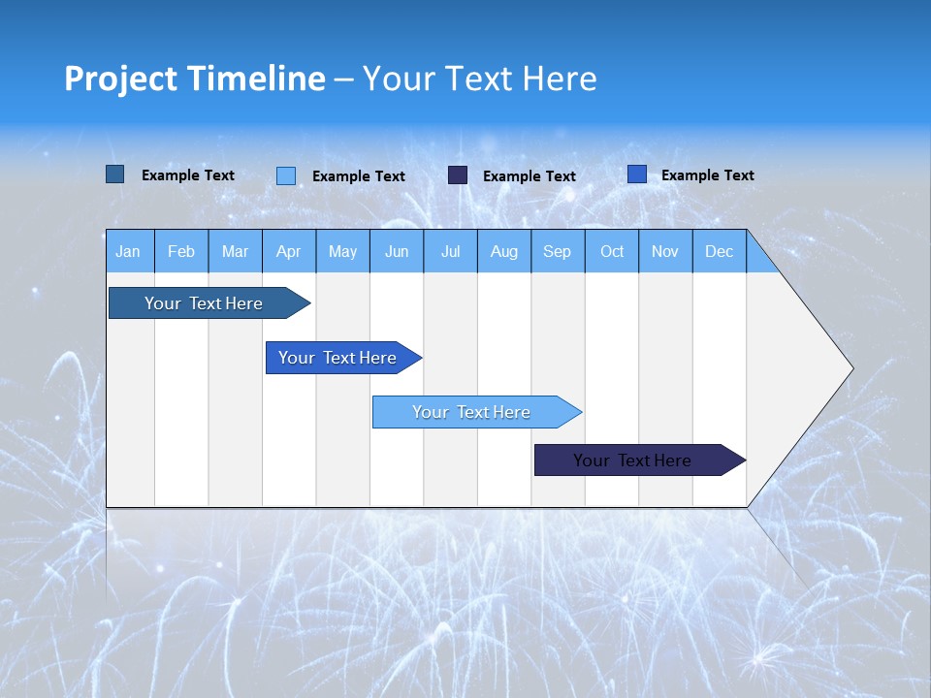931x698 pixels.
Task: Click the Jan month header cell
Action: (128, 252)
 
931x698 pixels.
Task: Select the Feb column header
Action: (181, 252)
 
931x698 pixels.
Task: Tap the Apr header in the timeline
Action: (288, 252)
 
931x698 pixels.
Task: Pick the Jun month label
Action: (397, 252)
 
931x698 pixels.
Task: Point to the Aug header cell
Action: (503, 252)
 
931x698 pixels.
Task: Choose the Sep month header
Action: (557, 252)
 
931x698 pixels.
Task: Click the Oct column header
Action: (612, 252)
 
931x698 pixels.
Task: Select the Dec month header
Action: (719, 252)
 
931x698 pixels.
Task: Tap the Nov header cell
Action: (665, 252)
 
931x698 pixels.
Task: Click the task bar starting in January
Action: (204, 303)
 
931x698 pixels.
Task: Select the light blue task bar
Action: (471, 412)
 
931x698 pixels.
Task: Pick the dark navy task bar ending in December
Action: (632, 460)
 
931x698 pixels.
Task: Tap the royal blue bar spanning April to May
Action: (337, 358)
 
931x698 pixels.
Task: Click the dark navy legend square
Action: (458, 175)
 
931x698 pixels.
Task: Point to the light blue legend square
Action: (286, 175)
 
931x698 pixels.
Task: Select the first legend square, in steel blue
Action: (115, 174)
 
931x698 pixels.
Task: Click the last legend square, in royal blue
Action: (637, 174)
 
